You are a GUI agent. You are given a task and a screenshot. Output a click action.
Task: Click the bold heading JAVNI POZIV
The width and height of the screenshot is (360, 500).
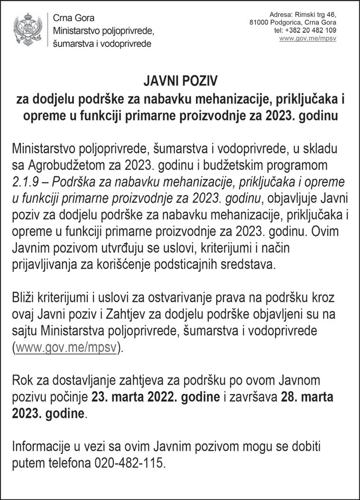tap(180, 82)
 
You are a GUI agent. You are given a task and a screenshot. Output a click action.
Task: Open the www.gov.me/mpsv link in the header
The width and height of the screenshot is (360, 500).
tap(308, 38)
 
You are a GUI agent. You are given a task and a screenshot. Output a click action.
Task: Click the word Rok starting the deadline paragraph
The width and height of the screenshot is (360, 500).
tap(23, 381)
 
